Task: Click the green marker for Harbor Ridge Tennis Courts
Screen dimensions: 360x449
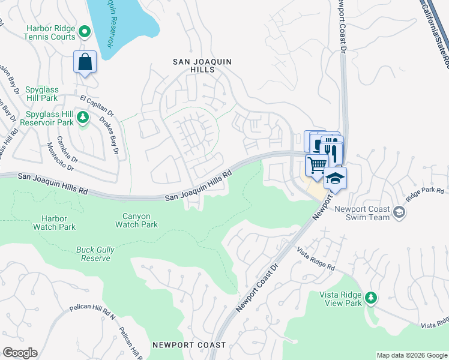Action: tap(85, 31)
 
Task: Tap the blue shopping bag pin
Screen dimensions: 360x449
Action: tap(85, 62)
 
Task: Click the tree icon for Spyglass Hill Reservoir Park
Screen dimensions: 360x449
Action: tap(85, 117)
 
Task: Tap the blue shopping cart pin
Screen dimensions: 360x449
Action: tap(317, 164)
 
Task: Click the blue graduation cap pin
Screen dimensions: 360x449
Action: tap(335, 178)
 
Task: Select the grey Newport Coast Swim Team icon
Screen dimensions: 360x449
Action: tap(399, 211)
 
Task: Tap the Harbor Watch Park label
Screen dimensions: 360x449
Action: tap(59, 223)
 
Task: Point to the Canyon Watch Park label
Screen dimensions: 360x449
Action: tap(136, 220)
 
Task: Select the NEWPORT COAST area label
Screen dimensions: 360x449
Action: tap(189, 345)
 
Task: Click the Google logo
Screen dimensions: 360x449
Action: tap(19, 353)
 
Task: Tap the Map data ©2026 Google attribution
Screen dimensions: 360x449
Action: tap(411, 355)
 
